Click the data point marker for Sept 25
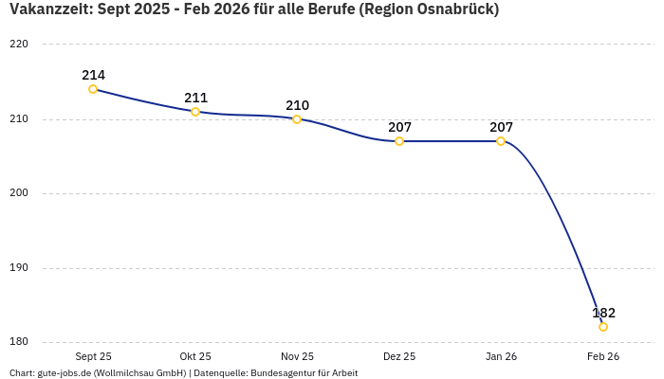point(93,89)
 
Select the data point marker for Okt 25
point(195,112)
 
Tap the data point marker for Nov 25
point(297,119)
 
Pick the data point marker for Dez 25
point(399,141)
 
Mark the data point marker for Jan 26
point(501,141)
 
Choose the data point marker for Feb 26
point(603,327)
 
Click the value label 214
point(93,75)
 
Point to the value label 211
point(195,98)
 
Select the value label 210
point(297,105)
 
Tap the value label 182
point(603,313)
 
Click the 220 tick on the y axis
point(19,45)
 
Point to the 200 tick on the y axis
point(19,193)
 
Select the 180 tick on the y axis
point(19,342)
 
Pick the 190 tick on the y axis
point(19,268)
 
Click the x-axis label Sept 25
point(93,357)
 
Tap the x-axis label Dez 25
point(399,357)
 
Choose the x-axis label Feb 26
point(603,357)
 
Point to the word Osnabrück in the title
point(448,9)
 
